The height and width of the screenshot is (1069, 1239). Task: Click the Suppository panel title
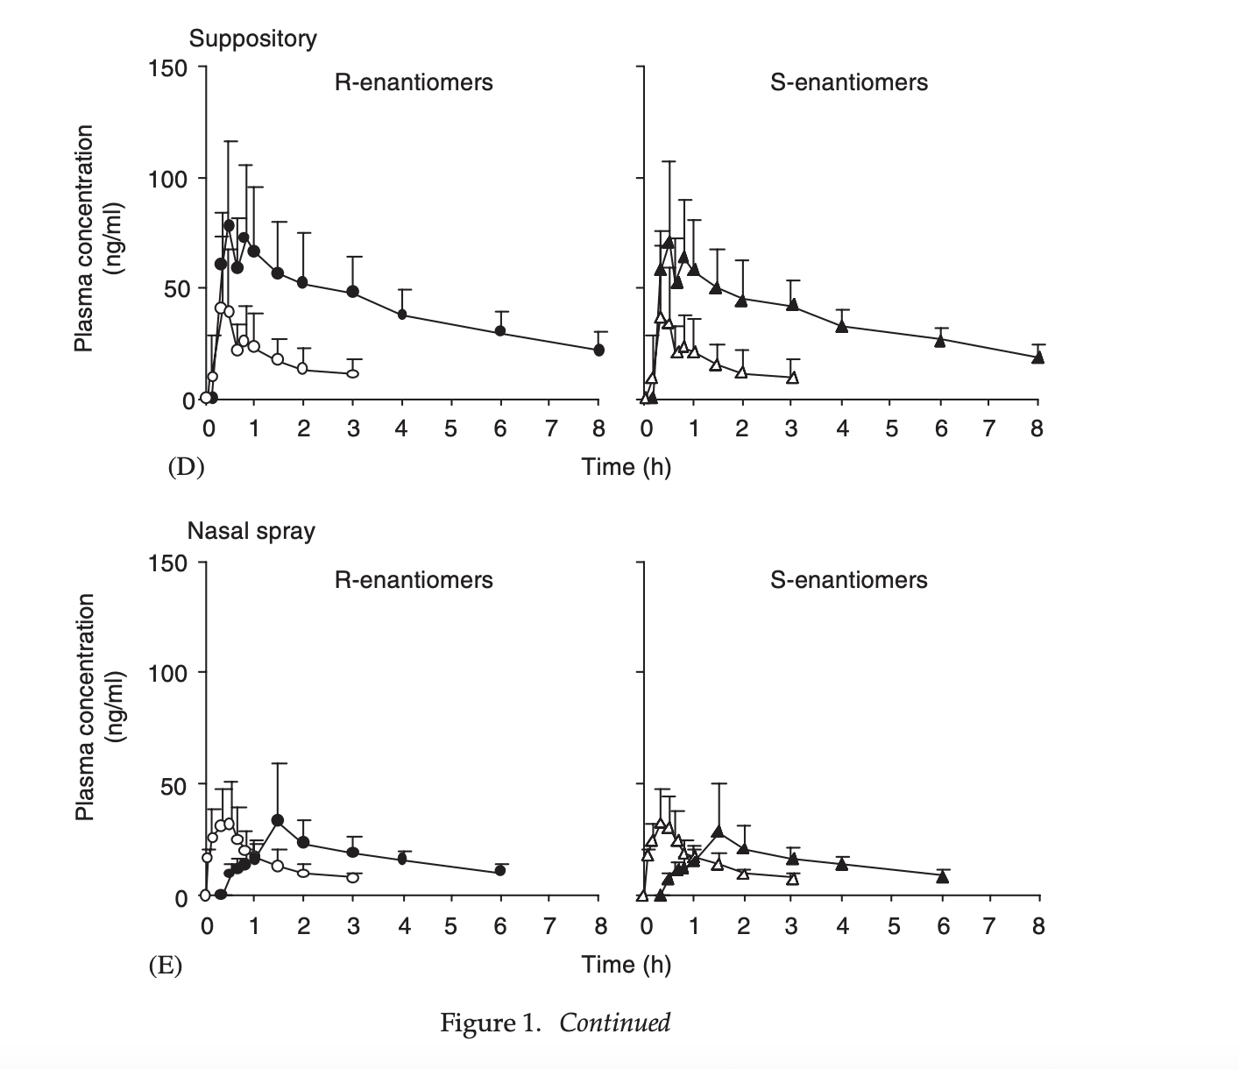252,39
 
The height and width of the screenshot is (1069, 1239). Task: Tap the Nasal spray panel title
251,531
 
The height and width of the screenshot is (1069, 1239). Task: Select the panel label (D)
186,467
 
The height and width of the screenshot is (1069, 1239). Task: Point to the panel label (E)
164,966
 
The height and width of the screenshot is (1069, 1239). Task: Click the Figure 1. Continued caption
555,1023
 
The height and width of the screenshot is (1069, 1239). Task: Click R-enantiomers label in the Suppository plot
414,82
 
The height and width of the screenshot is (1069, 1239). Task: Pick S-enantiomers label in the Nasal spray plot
848,579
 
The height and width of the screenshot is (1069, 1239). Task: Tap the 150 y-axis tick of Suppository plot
169,68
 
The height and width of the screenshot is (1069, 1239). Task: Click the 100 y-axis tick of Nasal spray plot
169,674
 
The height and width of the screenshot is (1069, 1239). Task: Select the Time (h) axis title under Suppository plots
626,467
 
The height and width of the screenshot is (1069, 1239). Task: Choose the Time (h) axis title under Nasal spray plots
626,965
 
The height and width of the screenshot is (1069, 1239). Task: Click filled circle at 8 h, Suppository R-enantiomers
598,350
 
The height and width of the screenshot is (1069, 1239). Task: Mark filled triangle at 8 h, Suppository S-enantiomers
1037,357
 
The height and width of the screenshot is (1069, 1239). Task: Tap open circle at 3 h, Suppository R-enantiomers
352,373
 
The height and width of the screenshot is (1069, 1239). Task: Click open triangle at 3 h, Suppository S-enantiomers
792,378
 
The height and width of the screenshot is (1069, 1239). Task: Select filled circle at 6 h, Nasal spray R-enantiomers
499,870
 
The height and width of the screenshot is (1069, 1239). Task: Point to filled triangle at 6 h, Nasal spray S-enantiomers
942,876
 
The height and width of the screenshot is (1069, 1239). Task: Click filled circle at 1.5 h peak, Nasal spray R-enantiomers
278,820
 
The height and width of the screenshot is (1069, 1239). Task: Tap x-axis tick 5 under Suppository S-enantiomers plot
891,428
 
